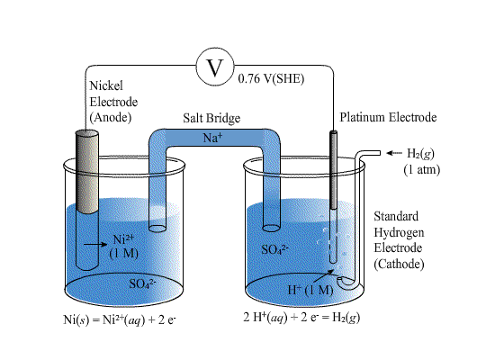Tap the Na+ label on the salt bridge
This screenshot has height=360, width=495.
coord(213,136)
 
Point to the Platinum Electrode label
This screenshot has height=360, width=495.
coord(387,118)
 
